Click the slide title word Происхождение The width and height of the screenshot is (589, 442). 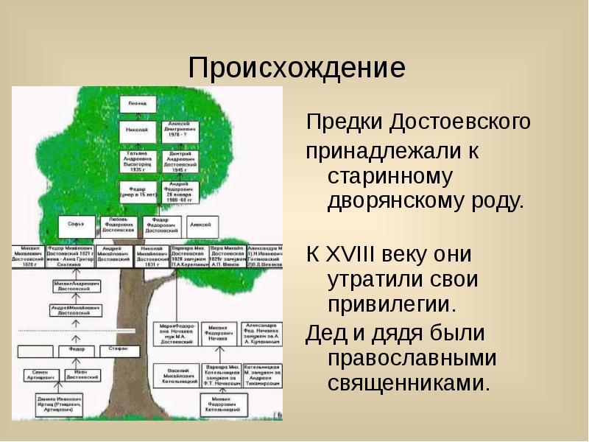point(296,69)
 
